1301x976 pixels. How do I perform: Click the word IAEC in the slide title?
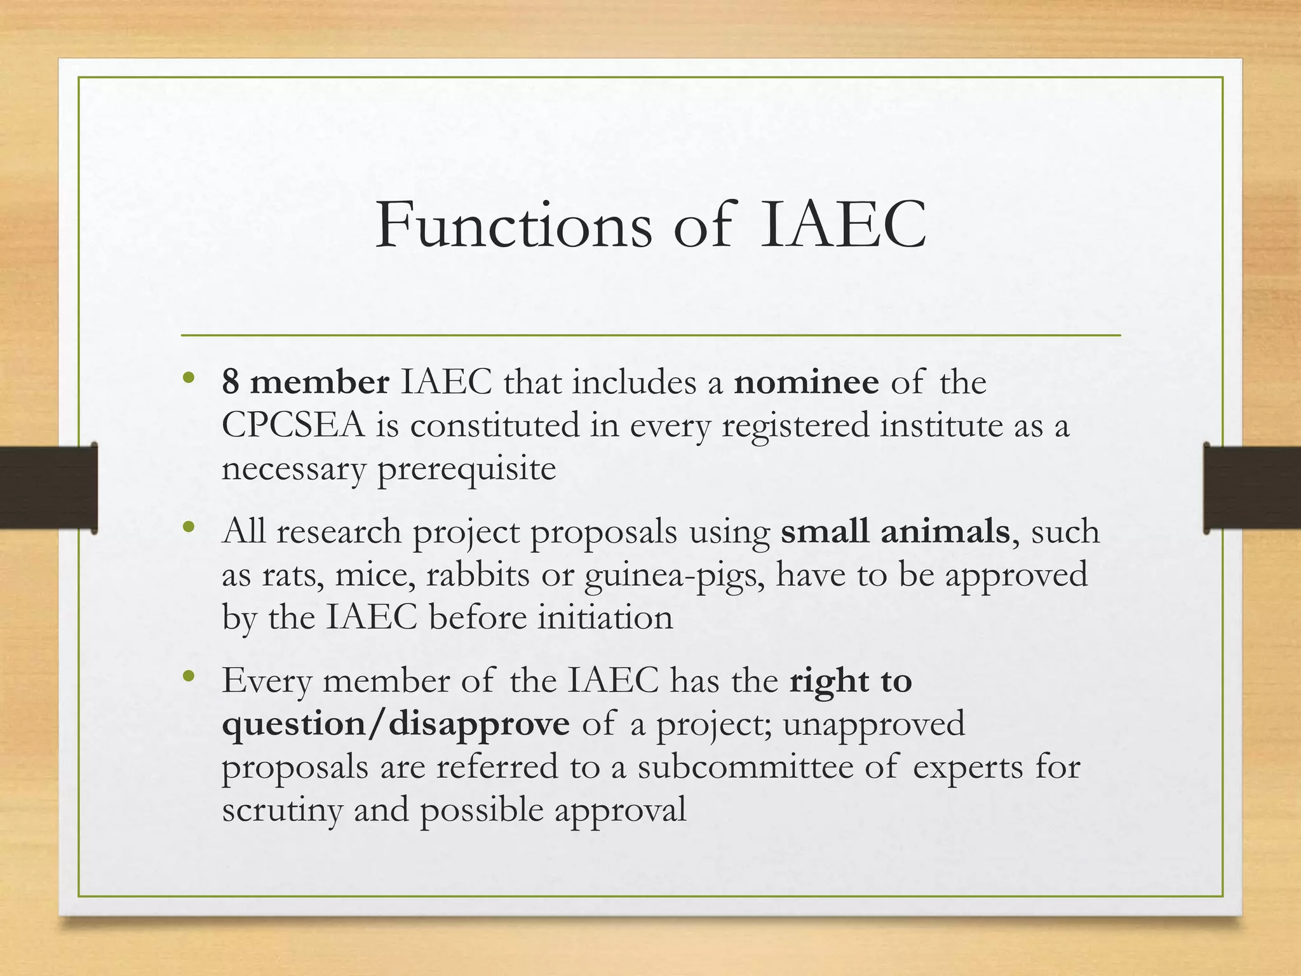click(x=842, y=226)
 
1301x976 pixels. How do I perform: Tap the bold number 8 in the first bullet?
click(x=230, y=383)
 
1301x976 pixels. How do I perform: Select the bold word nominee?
click(x=806, y=383)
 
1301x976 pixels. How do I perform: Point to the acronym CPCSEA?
click(x=293, y=426)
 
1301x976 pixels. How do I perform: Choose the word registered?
click(x=795, y=426)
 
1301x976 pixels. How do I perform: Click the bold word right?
click(x=828, y=681)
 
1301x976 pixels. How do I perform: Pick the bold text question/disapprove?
click(x=396, y=724)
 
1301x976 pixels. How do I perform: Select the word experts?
click(x=968, y=768)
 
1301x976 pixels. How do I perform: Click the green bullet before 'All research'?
click(x=188, y=527)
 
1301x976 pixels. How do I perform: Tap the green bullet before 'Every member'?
click(x=188, y=677)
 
